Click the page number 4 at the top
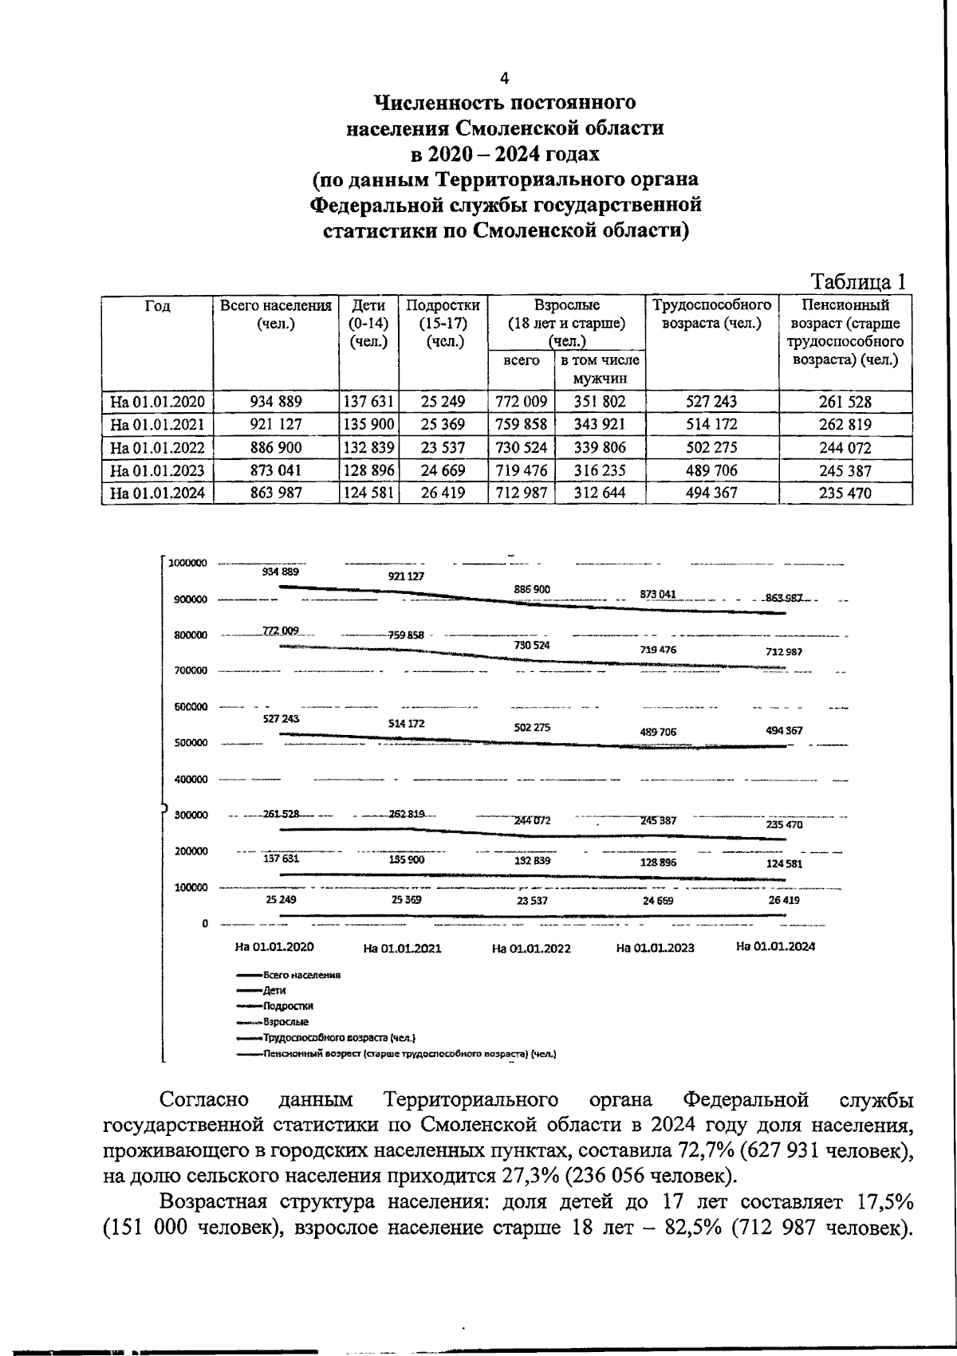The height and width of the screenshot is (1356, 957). (503, 78)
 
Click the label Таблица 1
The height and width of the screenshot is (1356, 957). (858, 282)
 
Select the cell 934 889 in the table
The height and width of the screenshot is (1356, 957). (276, 402)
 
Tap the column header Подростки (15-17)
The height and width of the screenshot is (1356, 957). (443, 323)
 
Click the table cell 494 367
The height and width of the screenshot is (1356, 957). (711, 493)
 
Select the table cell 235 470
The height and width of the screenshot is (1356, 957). (845, 493)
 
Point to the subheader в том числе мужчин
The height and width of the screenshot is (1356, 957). (600, 370)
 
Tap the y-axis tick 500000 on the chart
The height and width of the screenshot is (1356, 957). (191, 743)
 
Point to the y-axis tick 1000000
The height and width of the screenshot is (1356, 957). (188, 563)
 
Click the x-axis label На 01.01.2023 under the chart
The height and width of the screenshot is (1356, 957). (655, 948)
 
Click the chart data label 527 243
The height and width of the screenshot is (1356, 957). (281, 718)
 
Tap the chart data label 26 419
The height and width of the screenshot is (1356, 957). (782, 899)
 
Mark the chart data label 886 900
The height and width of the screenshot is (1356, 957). (532, 589)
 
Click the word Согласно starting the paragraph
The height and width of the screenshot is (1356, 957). (203, 1101)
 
